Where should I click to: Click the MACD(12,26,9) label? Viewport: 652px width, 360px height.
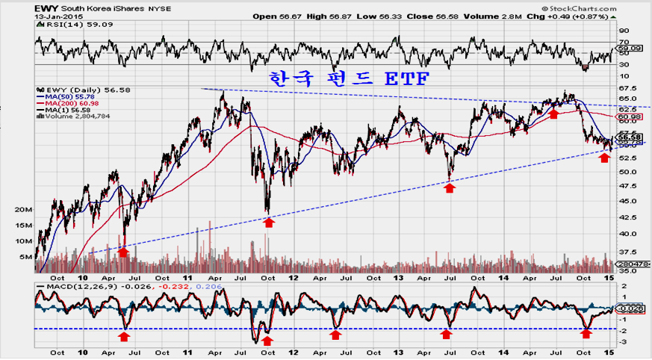[x=70, y=288]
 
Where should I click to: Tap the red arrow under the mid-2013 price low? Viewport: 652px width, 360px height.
[x=450, y=188]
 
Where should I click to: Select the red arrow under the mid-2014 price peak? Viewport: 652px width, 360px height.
[x=553, y=114]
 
